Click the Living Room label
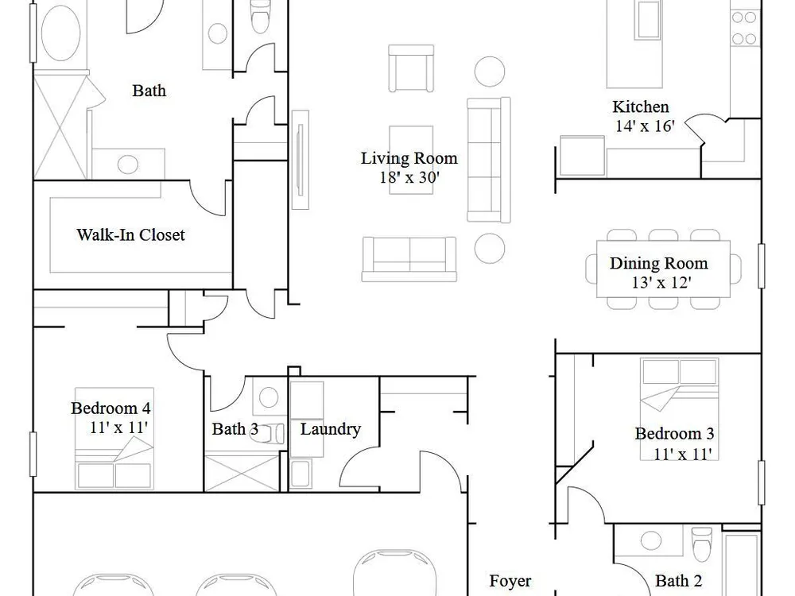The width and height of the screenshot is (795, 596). pyautogui.click(x=409, y=158)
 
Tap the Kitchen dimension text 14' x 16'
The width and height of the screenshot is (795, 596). pyautogui.click(x=645, y=126)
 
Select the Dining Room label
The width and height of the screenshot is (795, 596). pyautogui.click(x=658, y=263)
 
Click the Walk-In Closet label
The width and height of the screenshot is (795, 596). pyautogui.click(x=131, y=234)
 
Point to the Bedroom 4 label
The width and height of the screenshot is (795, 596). pyautogui.click(x=111, y=408)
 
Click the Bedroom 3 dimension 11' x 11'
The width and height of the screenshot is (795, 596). pyautogui.click(x=682, y=454)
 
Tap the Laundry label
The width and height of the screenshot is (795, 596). pyautogui.click(x=330, y=429)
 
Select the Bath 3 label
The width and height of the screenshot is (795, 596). pyautogui.click(x=235, y=429)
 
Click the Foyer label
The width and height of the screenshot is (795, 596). pyautogui.click(x=510, y=581)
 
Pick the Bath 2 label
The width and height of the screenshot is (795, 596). pyautogui.click(x=678, y=581)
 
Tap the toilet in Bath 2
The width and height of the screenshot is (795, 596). pyautogui.click(x=702, y=544)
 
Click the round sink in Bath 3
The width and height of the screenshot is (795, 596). pyautogui.click(x=268, y=397)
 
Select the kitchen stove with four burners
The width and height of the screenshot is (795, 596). pyautogui.click(x=745, y=27)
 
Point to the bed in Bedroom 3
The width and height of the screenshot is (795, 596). pyautogui.click(x=680, y=409)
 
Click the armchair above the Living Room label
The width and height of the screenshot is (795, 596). pyautogui.click(x=411, y=68)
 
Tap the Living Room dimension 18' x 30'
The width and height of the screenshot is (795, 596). pyautogui.click(x=409, y=177)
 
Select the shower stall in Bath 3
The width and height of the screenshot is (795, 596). pyautogui.click(x=242, y=474)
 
